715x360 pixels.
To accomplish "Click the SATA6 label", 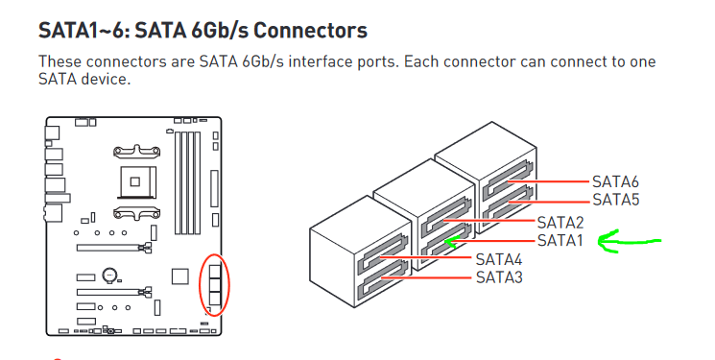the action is (x=615, y=181).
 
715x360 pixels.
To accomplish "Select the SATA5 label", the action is (x=615, y=200).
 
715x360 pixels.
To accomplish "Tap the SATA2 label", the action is (x=560, y=222).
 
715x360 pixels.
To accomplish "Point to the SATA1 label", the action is (x=560, y=240).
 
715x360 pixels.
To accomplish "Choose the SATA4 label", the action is (x=499, y=259).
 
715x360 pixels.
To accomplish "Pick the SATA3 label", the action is (x=499, y=276).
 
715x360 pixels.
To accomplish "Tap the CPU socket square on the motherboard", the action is (x=135, y=182).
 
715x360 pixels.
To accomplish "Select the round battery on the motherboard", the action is (x=109, y=275).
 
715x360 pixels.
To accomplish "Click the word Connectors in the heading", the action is (x=311, y=30).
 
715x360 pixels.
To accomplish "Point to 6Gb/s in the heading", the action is (x=220, y=30).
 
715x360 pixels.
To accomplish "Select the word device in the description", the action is (x=106, y=79).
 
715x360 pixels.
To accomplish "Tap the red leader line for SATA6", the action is (x=550, y=181).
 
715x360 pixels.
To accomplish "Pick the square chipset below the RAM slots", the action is (x=180, y=276).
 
